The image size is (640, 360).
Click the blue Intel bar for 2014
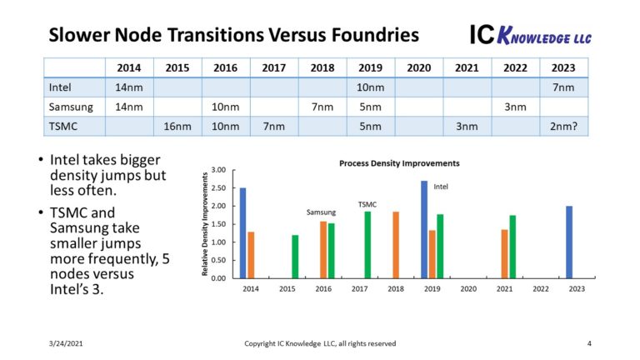point(242,232)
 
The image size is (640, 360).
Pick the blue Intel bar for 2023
point(569,242)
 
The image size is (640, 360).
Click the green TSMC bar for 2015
point(294,256)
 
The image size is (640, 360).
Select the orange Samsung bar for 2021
point(504,253)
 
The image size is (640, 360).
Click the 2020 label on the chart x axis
point(468,288)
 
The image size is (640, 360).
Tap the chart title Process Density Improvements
point(399,163)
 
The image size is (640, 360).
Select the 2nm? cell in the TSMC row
point(564,126)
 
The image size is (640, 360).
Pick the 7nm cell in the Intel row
point(564,87)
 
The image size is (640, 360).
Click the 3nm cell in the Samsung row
point(516,107)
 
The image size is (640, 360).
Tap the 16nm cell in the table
point(177,126)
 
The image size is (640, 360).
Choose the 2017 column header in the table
point(274,67)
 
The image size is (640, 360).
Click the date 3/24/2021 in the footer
point(66,343)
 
